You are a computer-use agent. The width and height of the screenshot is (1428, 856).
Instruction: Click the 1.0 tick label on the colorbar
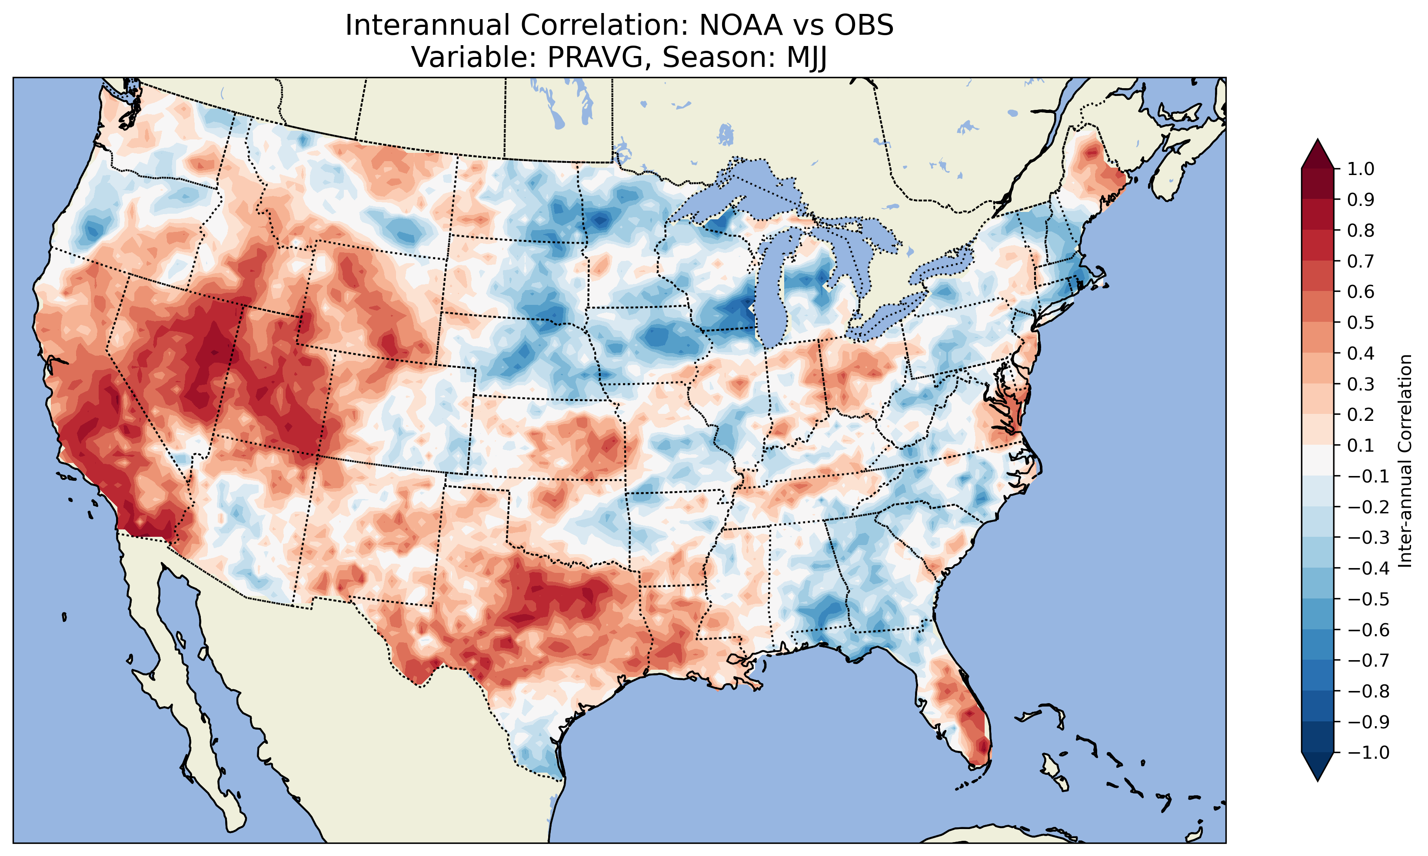click(1361, 169)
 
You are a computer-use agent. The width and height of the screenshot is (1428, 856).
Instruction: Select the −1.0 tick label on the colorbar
click(1368, 752)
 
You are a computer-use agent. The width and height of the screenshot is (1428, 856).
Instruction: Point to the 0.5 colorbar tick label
click(1361, 322)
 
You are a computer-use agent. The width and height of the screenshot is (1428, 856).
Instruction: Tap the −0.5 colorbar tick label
click(1368, 599)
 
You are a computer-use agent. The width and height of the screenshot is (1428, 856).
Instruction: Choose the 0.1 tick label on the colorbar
click(1361, 445)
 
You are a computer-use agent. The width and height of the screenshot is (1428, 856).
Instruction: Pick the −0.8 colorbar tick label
click(1368, 691)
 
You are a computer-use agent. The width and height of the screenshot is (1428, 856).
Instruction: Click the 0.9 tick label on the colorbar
click(1361, 200)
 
